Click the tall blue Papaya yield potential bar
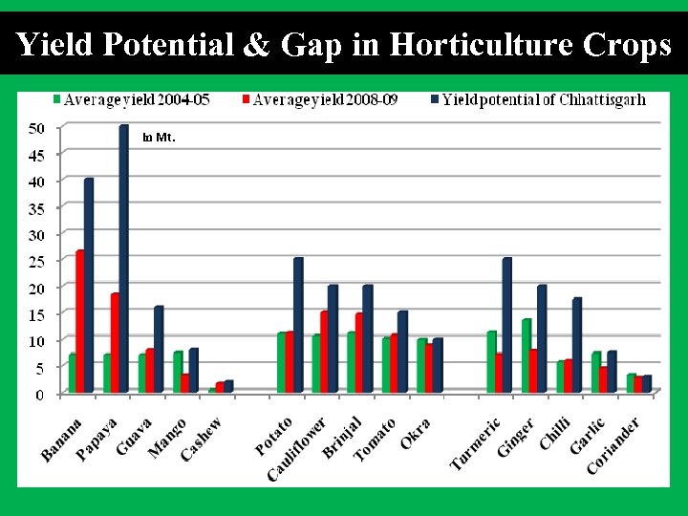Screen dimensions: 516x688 click(123, 258)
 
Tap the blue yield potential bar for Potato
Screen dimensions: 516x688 click(298, 325)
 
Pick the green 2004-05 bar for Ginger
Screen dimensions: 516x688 click(527, 355)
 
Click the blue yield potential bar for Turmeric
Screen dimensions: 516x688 click(506, 325)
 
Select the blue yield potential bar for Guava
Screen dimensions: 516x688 click(159, 349)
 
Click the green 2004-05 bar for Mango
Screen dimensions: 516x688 click(178, 372)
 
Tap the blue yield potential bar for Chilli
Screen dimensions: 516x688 click(576, 345)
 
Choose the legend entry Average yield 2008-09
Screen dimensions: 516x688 click(319, 99)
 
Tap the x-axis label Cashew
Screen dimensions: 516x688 click(202, 439)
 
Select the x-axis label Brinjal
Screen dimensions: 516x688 click(342, 438)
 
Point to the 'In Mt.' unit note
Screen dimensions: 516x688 click(158, 138)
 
